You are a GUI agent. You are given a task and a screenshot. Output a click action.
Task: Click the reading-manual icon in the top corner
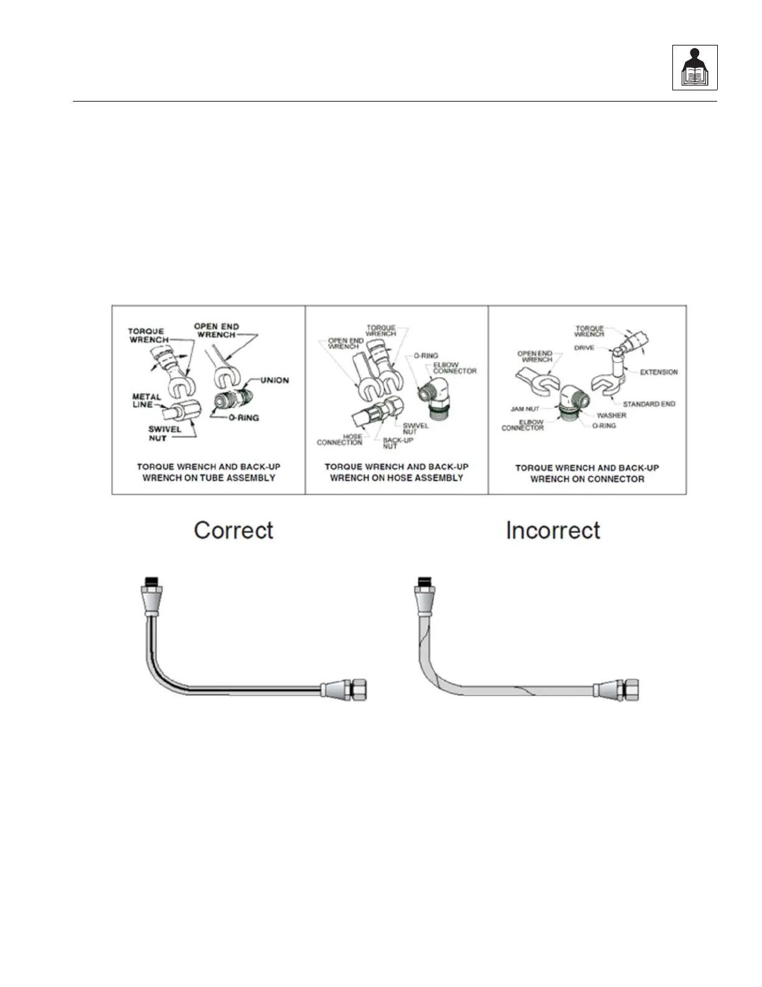[x=695, y=67]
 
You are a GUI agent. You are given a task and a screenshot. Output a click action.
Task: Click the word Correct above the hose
[x=233, y=530]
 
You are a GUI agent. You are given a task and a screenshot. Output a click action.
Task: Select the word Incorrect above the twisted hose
[x=553, y=530]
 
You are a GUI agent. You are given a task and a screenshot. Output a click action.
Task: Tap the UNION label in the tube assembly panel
[x=275, y=380]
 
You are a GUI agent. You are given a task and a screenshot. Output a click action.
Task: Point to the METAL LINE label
[x=146, y=400]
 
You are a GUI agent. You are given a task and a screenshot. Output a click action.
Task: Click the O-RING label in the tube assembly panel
[x=243, y=417]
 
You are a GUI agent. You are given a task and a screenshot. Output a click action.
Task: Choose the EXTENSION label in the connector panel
[x=659, y=372]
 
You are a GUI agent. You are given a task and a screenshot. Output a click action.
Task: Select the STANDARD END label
[x=649, y=404]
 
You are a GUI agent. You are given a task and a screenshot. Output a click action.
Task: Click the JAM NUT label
[x=525, y=409]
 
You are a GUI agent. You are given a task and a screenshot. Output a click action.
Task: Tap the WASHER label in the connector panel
[x=611, y=415]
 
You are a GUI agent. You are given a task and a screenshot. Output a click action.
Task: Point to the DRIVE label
[x=584, y=348]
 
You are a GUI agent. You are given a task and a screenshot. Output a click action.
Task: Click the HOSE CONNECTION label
[x=340, y=439]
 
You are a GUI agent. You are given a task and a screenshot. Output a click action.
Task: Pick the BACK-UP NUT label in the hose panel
[x=397, y=443]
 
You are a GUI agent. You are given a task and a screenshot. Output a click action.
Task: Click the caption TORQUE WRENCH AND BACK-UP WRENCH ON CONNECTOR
[x=587, y=473]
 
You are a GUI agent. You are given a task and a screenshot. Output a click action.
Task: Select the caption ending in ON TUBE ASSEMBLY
[x=209, y=472]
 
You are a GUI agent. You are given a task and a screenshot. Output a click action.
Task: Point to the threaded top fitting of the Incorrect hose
[x=423, y=583]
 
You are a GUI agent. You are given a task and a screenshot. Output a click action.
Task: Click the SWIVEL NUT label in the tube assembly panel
[x=164, y=433]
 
